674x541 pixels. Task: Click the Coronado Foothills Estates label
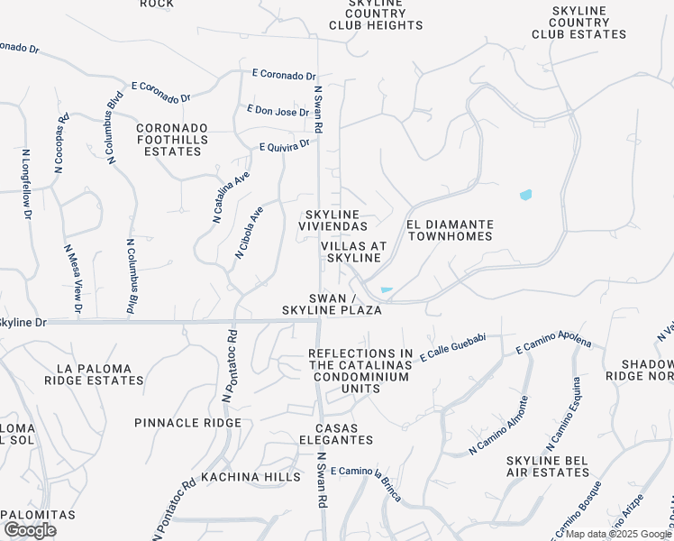(x=172, y=140)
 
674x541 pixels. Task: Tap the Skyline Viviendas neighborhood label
(x=332, y=220)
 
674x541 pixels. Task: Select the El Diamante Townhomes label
(x=450, y=230)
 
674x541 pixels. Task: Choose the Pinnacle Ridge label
(x=187, y=423)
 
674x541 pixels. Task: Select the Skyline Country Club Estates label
(x=578, y=22)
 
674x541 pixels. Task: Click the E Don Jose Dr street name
(x=278, y=111)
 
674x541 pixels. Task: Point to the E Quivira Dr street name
(x=284, y=144)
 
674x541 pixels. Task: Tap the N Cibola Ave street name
(x=250, y=233)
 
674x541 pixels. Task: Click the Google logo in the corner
(x=30, y=530)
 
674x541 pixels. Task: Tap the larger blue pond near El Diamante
(x=525, y=195)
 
